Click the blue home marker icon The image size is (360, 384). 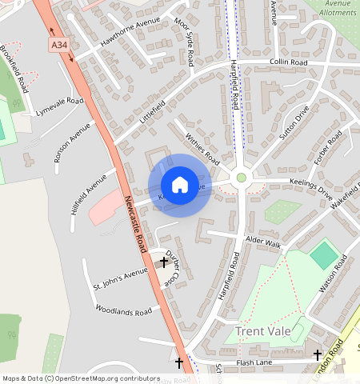tap(180, 185)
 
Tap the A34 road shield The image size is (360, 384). tap(59, 47)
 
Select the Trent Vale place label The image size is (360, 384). tap(266, 330)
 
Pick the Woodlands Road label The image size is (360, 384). tap(123, 310)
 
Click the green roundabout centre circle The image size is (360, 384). tap(242, 178)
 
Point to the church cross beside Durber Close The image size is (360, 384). tap(165, 262)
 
